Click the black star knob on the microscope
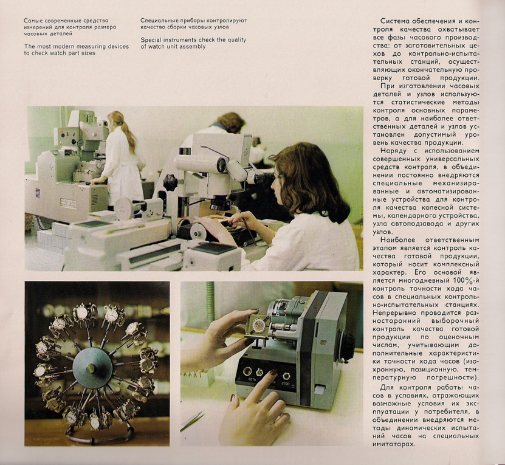point(170,182)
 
